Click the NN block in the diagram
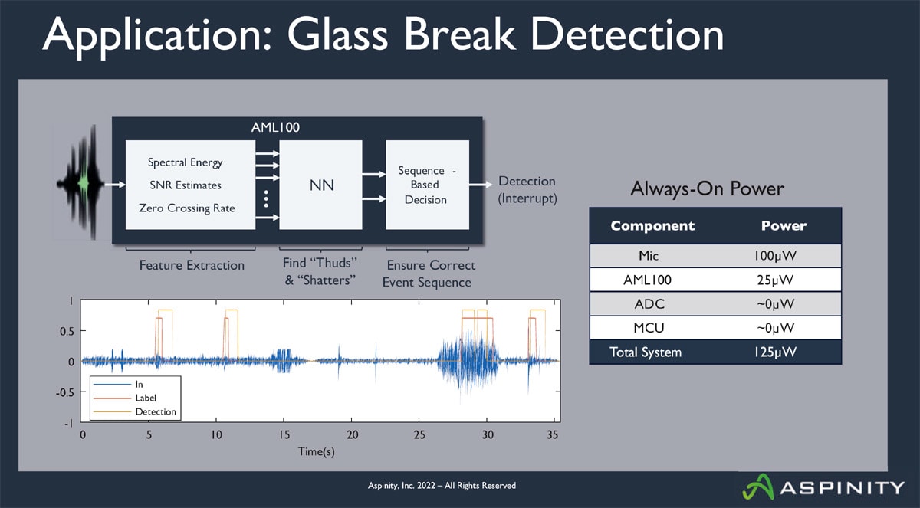[320, 185]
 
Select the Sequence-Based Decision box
[427, 185]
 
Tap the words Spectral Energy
[185, 162]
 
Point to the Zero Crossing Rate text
[186, 208]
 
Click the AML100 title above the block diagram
[275, 127]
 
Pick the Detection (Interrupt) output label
[527, 189]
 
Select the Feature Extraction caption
[192, 266]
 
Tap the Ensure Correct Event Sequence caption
[429, 274]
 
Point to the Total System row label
[646, 352]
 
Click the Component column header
[652, 226]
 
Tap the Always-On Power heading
[707, 189]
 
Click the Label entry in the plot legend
[146, 398]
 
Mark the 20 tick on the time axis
[352, 435]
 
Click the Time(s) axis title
[317, 451]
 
